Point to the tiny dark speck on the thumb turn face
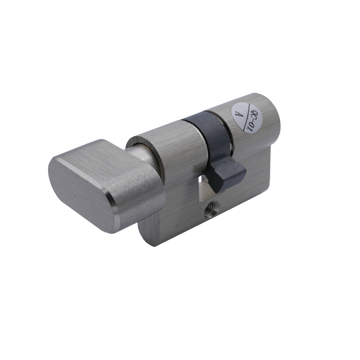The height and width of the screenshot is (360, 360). (x=75, y=196)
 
